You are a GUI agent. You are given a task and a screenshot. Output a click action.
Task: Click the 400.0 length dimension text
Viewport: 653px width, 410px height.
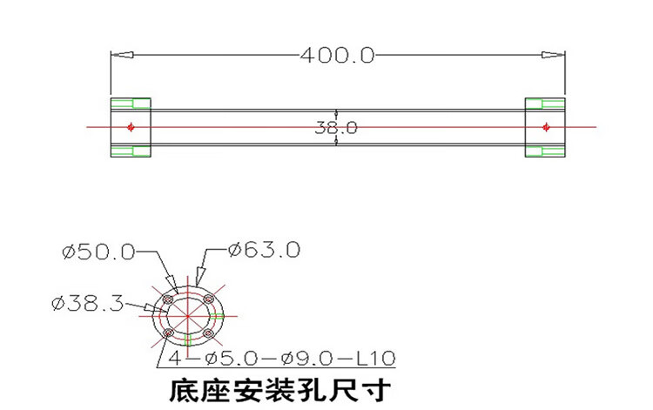click(x=337, y=55)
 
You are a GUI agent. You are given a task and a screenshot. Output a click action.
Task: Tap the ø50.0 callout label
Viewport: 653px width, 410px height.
click(x=98, y=252)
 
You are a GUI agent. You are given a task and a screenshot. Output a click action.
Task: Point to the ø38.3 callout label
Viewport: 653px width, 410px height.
click(x=88, y=303)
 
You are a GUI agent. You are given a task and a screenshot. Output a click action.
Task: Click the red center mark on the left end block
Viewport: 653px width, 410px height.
click(x=131, y=127)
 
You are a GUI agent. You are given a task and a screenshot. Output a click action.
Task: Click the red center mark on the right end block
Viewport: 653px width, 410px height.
click(x=546, y=127)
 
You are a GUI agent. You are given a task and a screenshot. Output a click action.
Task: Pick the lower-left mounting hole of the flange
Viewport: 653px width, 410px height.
click(x=170, y=332)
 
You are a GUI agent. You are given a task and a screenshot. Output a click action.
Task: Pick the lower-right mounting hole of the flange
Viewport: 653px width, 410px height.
click(x=207, y=333)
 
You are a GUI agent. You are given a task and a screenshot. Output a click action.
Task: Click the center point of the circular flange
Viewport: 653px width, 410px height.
click(x=189, y=315)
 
